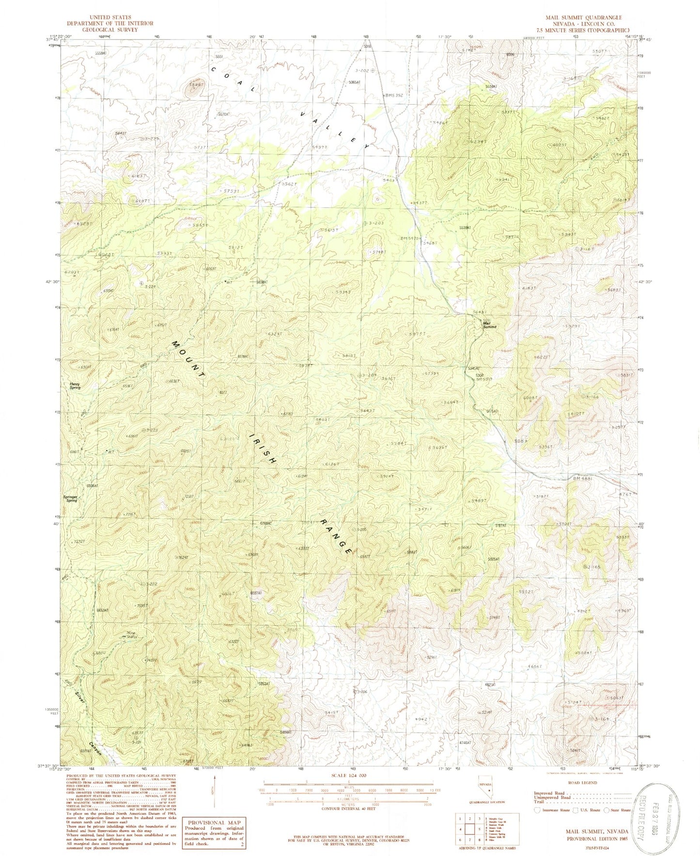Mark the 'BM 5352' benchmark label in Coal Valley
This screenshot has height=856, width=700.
[393, 95]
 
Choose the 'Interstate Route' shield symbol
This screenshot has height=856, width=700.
[537, 810]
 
